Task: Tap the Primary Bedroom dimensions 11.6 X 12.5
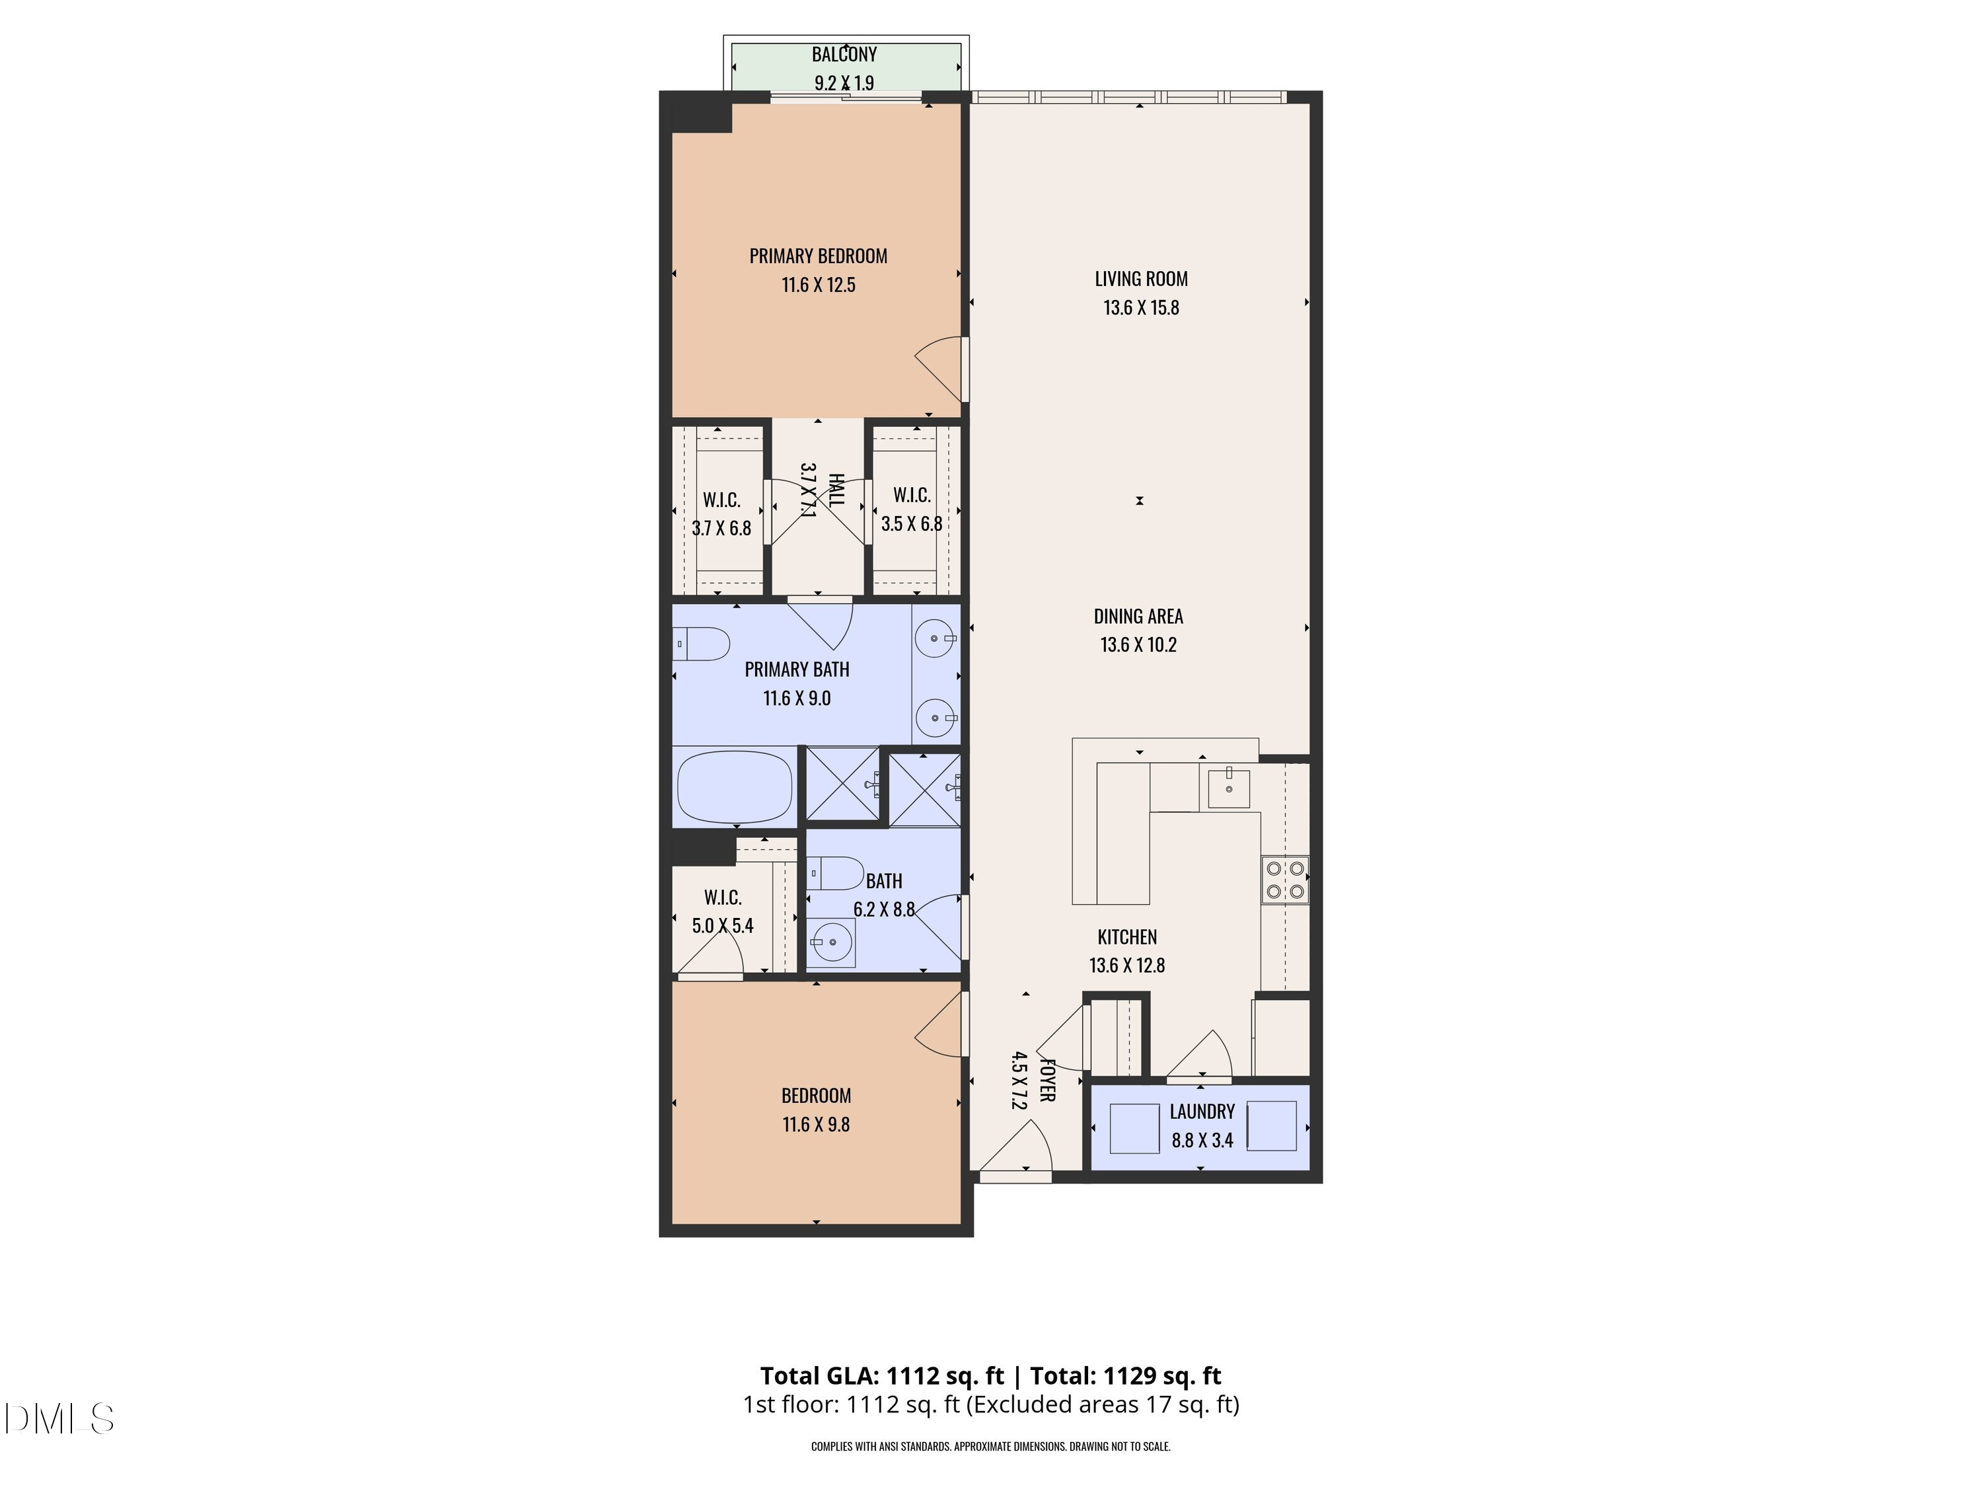point(818,285)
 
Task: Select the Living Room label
point(1140,279)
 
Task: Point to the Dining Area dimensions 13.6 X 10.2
point(1138,644)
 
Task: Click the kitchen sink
point(1228,787)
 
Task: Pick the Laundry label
point(1202,1112)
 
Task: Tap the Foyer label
point(1046,1080)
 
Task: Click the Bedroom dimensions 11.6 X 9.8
point(815,1124)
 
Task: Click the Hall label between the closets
point(835,490)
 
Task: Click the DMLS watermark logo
point(58,1419)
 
